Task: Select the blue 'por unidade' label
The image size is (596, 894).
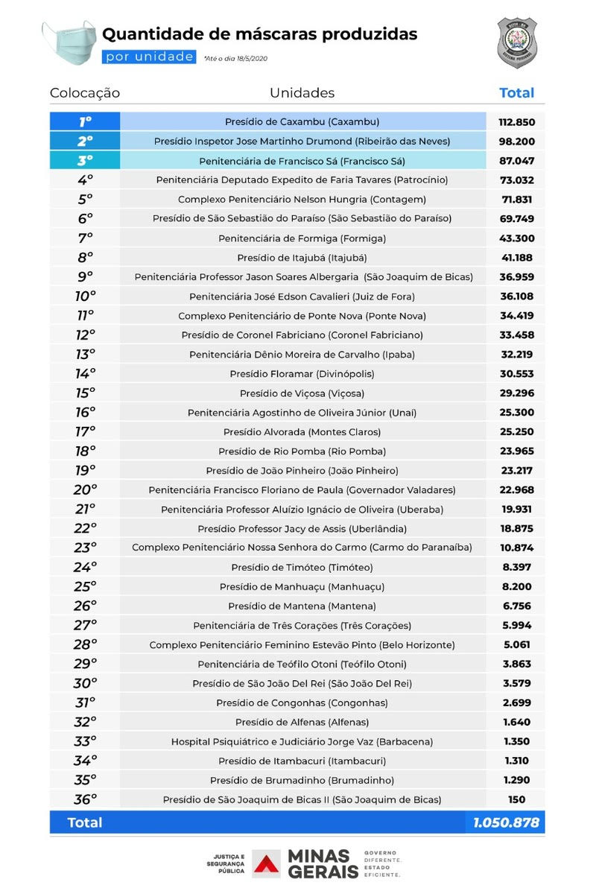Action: [150, 57]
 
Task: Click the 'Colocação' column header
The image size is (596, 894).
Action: [85, 93]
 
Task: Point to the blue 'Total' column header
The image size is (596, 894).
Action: [516, 93]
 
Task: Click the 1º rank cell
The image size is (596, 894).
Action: [85, 121]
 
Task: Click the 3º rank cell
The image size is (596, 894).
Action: [85, 160]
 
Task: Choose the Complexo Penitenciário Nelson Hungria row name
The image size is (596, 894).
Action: [302, 200]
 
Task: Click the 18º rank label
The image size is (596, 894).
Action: [85, 451]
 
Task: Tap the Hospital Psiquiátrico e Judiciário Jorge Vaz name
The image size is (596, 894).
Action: [302, 741]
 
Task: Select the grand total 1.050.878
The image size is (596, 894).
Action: [507, 822]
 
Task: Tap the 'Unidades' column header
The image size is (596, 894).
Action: [302, 93]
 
